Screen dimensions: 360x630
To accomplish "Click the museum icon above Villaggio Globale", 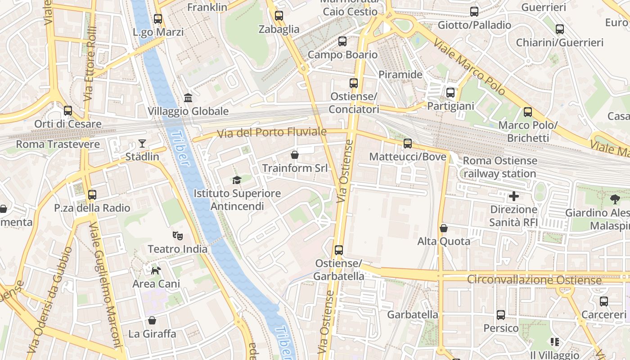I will point(188,98).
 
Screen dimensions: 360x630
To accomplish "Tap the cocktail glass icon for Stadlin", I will point(142,144).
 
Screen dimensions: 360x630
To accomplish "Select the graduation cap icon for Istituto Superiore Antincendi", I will point(237,180).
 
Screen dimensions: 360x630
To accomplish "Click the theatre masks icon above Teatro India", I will point(178,235).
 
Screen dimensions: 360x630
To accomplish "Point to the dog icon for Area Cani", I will point(156,270).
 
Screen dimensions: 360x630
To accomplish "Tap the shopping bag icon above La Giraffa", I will point(152,320).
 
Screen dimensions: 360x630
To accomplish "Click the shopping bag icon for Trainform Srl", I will point(295,155).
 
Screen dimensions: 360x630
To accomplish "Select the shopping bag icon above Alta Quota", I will point(444,228).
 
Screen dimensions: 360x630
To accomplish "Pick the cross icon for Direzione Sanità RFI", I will point(513,196).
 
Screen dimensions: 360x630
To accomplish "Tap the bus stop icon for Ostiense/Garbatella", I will point(338,250).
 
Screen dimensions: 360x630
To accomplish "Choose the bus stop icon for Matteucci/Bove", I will point(408,144).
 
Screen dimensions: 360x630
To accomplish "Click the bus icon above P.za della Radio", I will point(92,195).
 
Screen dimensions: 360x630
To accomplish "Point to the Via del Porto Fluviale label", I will point(271,133).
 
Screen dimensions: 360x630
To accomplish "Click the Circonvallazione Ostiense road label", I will point(534,280).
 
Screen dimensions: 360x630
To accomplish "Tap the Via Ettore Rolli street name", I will point(90,63).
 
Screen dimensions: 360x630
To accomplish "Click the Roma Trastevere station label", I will point(58,144).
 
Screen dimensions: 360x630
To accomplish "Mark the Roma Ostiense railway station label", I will point(500,167).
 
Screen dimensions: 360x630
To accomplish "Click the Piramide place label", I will point(400,75).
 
